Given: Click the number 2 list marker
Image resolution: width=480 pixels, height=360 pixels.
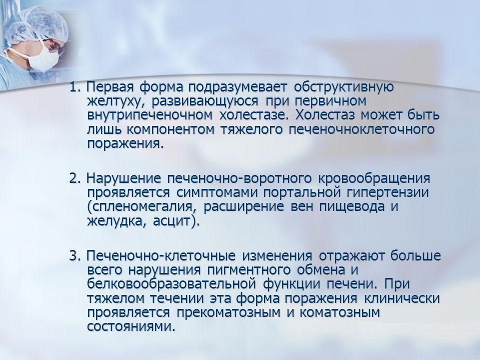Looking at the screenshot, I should tap(74, 178).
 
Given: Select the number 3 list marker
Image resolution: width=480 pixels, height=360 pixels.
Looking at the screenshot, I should tap(74, 256).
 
